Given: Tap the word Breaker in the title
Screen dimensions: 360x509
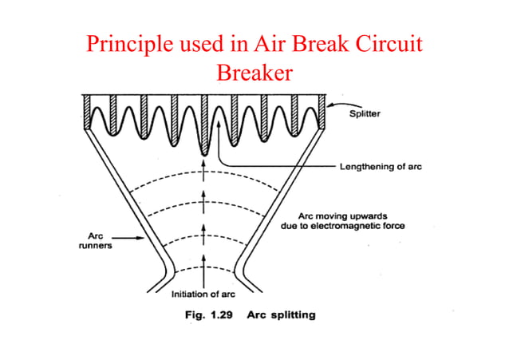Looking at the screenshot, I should pyautogui.click(x=254, y=73).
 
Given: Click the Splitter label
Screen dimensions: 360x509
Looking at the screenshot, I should pyautogui.click(x=365, y=113).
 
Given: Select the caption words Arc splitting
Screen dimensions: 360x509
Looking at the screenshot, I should pyautogui.click(x=282, y=315).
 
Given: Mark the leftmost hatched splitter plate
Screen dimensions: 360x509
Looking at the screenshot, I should pyautogui.click(x=87, y=111).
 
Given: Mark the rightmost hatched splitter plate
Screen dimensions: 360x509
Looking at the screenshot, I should pyautogui.click(x=323, y=111).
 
